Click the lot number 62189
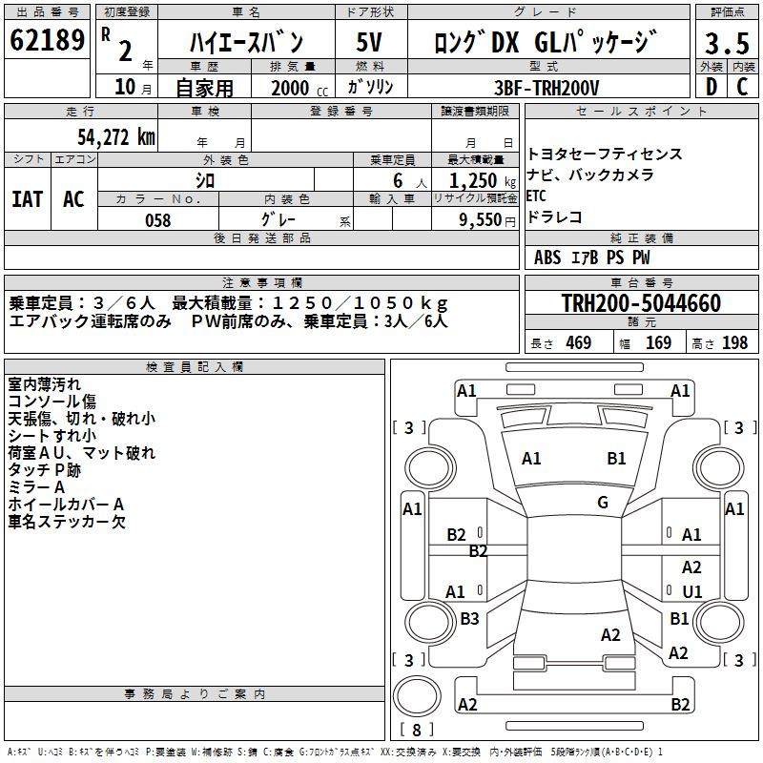(47, 40)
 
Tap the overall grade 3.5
(727, 43)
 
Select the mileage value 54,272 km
(116, 137)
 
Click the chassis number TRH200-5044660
(641, 302)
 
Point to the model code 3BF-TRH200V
(546, 88)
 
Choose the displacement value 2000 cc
(299, 89)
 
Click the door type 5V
(369, 42)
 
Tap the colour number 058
(158, 220)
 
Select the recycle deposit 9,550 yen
(487, 220)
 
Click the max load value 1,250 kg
(483, 181)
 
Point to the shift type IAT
(28, 199)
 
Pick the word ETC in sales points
(536, 196)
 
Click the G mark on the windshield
(603, 502)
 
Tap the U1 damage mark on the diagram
(692, 591)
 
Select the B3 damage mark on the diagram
(469, 618)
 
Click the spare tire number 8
(417, 730)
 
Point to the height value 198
(734, 342)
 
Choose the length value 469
(579, 342)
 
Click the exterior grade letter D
(711, 87)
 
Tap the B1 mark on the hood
(616, 459)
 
